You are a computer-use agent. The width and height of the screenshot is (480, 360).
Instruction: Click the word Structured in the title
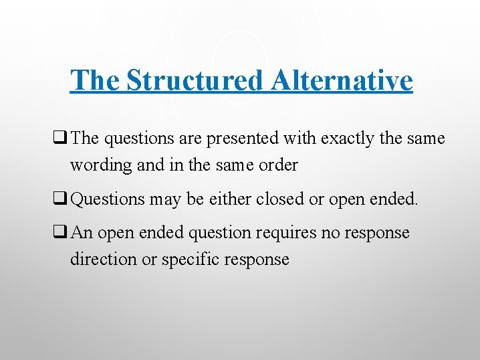(196, 80)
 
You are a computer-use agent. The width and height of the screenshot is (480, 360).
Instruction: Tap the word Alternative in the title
(342, 80)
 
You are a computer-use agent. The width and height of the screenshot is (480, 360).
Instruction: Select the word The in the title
(96, 80)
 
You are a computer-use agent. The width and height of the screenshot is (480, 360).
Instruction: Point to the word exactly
(345, 139)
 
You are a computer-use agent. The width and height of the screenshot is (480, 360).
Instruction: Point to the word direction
(104, 259)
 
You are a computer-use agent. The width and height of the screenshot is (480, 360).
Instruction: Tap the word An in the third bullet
(82, 233)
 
